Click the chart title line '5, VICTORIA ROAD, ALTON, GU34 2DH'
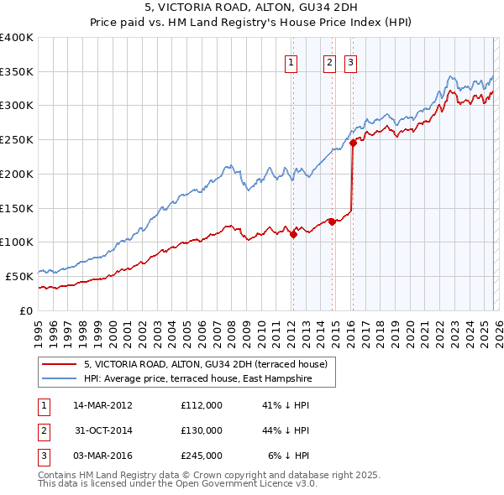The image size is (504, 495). pos(252,9)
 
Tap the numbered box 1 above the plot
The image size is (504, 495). pos(291,61)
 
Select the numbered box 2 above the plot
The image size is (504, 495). pos(329,61)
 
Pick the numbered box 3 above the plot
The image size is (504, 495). pos(349,61)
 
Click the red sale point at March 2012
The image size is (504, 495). pos(293,235)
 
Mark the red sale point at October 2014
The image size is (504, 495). pos(333,222)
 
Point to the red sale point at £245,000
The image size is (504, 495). pos(353,143)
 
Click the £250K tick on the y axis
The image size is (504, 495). pos(17,140)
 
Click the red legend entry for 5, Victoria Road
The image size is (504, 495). pos(210,364)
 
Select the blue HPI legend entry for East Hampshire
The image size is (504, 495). pos(197,379)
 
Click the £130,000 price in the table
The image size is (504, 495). pos(201,430)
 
